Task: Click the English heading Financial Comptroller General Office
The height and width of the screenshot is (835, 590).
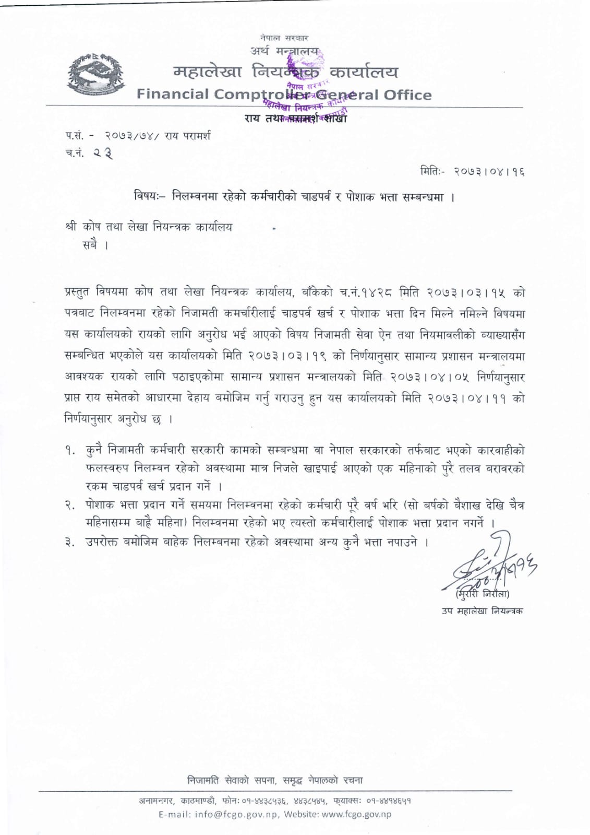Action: tap(284, 95)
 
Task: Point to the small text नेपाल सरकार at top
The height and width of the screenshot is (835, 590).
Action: tap(284, 38)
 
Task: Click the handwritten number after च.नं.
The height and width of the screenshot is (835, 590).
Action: tap(104, 153)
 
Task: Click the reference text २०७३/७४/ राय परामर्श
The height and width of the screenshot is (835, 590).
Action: tap(157, 136)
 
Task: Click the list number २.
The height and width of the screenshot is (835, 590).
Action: tap(69, 505)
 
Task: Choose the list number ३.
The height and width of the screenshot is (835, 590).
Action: tap(69, 543)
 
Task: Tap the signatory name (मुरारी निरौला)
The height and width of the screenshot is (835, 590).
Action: tap(481, 594)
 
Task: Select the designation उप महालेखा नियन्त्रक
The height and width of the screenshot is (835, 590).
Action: tap(481, 611)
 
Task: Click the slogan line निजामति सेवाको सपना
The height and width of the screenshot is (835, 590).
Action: tap(275, 781)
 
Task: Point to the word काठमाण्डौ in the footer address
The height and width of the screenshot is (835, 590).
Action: tap(197, 800)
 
